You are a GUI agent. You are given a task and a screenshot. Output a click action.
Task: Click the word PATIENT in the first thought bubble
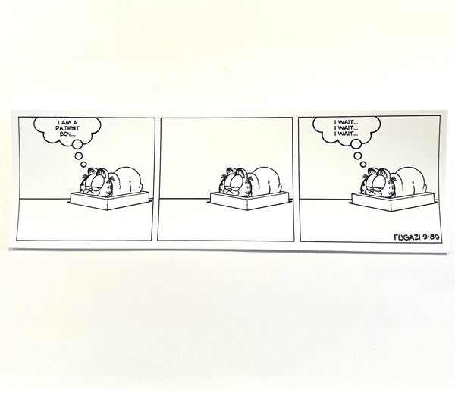[67, 128]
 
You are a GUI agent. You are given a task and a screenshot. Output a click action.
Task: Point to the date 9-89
[431, 237]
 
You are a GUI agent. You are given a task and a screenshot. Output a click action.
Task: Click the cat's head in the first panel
[96, 182]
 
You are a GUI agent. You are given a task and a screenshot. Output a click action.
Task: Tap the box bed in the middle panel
[248, 201]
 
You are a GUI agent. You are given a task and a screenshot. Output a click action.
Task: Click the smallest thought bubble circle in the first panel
[83, 165]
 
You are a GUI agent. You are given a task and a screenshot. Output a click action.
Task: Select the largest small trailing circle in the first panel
[77, 144]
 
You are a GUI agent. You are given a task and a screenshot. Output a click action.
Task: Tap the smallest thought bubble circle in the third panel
[363, 165]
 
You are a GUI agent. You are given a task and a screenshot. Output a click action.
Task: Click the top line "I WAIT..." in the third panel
[346, 122]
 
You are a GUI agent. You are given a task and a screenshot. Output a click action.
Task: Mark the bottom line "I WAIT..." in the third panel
[346, 134]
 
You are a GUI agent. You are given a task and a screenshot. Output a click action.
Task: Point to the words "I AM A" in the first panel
[67, 123]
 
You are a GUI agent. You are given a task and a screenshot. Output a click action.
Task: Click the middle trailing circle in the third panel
[358, 156]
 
